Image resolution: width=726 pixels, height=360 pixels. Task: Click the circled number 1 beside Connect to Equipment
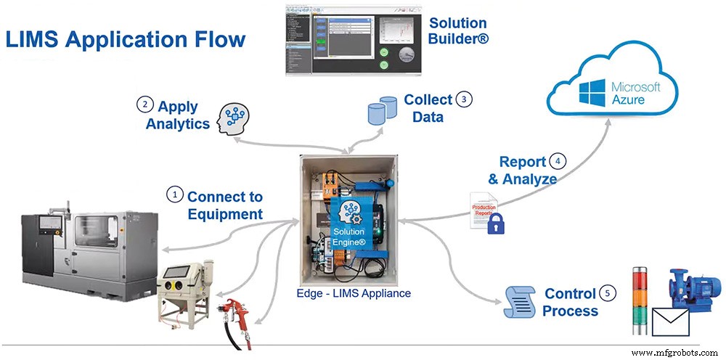click(174, 195)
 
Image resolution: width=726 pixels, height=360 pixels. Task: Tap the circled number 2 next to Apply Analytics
click(144, 105)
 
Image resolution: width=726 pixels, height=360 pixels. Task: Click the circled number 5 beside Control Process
click(607, 293)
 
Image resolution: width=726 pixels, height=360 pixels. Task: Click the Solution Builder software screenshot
click(354, 40)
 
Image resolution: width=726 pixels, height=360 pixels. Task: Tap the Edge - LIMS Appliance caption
click(354, 294)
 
